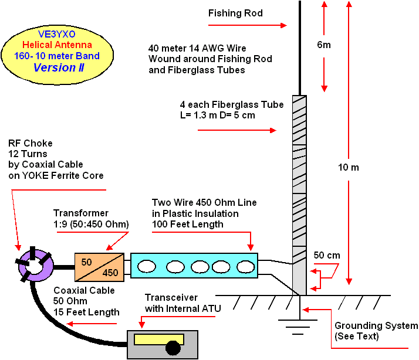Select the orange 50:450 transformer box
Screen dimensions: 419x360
point(99,267)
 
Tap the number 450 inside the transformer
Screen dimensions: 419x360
point(110,273)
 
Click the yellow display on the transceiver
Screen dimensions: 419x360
point(158,339)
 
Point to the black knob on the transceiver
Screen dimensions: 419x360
point(173,348)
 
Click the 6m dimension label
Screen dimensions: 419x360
point(324,45)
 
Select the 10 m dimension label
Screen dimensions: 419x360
point(349,168)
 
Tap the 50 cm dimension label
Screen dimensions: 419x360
point(327,255)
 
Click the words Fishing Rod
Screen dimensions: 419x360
point(235,13)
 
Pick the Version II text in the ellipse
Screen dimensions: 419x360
point(59,67)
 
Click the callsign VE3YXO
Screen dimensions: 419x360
point(57,34)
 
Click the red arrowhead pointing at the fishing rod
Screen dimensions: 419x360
point(283,25)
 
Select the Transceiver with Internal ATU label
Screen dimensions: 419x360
point(183,303)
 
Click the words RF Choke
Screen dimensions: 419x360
point(30,143)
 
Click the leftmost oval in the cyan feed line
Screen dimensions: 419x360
point(147,267)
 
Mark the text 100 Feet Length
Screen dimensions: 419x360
point(188,225)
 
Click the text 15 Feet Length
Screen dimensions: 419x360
point(86,312)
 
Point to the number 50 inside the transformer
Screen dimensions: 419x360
point(87,262)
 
